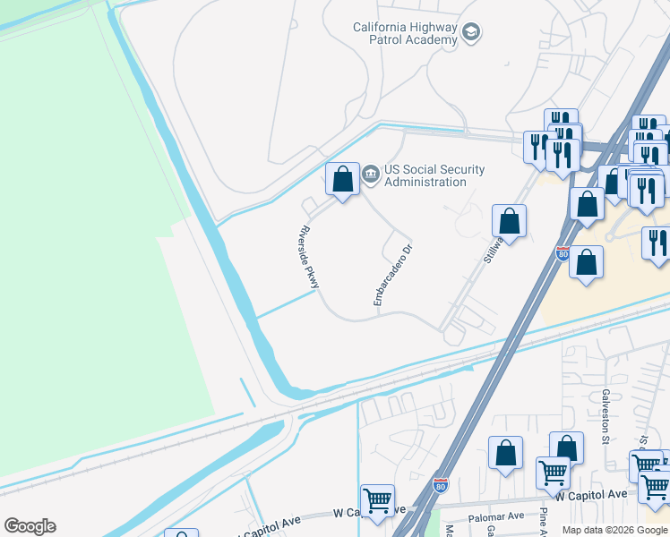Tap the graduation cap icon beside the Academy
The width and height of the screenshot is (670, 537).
471,34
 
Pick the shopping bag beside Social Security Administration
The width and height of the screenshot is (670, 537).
342,180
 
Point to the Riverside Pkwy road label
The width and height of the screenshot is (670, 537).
308,255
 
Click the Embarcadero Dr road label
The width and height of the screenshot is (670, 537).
392,275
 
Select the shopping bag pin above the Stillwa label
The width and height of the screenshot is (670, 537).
509,221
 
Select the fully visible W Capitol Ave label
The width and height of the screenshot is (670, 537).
591,494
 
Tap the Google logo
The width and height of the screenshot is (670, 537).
30,526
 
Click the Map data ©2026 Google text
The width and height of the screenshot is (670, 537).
614,530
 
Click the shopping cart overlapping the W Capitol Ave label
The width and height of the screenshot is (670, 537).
553,473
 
